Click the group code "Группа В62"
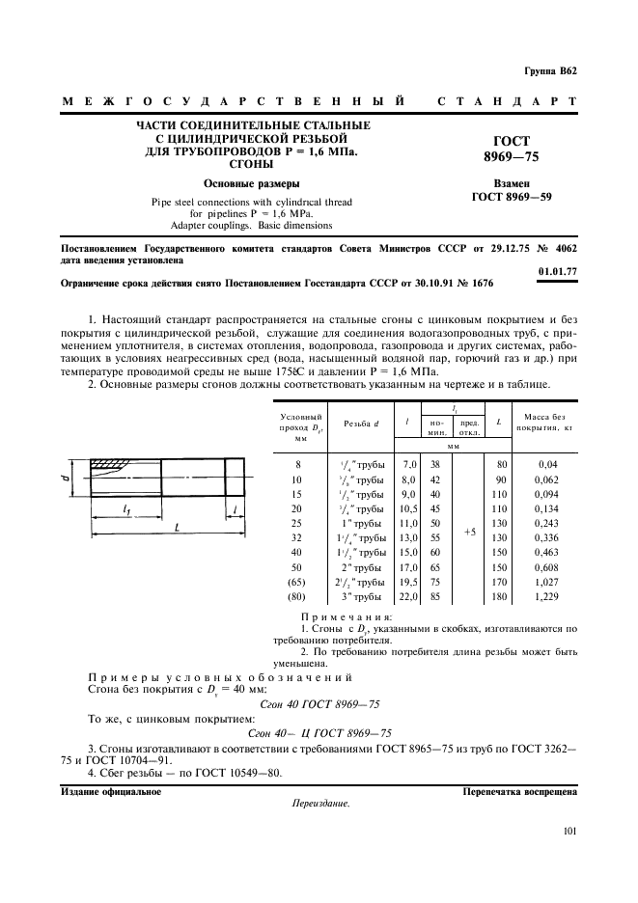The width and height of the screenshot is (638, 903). (x=550, y=71)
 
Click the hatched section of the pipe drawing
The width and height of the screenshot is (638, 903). (x=110, y=466)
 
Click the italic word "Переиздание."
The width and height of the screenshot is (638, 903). (x=319, y=804)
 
